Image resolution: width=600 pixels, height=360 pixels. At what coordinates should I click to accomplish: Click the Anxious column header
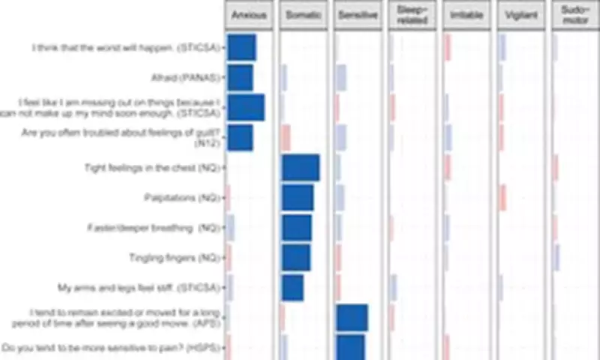pos(248,16)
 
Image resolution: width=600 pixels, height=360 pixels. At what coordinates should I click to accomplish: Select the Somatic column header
pos(303,16)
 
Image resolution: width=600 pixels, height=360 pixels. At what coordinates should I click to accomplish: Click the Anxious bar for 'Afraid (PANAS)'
pos(241,78)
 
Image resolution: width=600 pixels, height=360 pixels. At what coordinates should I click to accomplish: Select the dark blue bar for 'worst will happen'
pos(242,47)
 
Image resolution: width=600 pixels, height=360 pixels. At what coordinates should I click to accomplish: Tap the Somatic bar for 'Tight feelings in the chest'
pos(301,167)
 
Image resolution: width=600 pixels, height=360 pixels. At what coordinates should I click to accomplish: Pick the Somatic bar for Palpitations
pos(298,198)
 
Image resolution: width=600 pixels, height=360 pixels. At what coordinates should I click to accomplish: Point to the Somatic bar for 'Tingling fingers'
pos(296,258)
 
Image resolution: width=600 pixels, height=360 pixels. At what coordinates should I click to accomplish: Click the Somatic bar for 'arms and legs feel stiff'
pos(292,288)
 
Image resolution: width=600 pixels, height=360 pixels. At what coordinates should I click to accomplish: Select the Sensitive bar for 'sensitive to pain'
pos(351,348)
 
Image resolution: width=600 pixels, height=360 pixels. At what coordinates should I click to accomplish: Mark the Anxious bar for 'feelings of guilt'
pos(241,138)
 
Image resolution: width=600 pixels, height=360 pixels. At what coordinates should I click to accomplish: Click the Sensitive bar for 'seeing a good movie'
pos(352,318)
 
